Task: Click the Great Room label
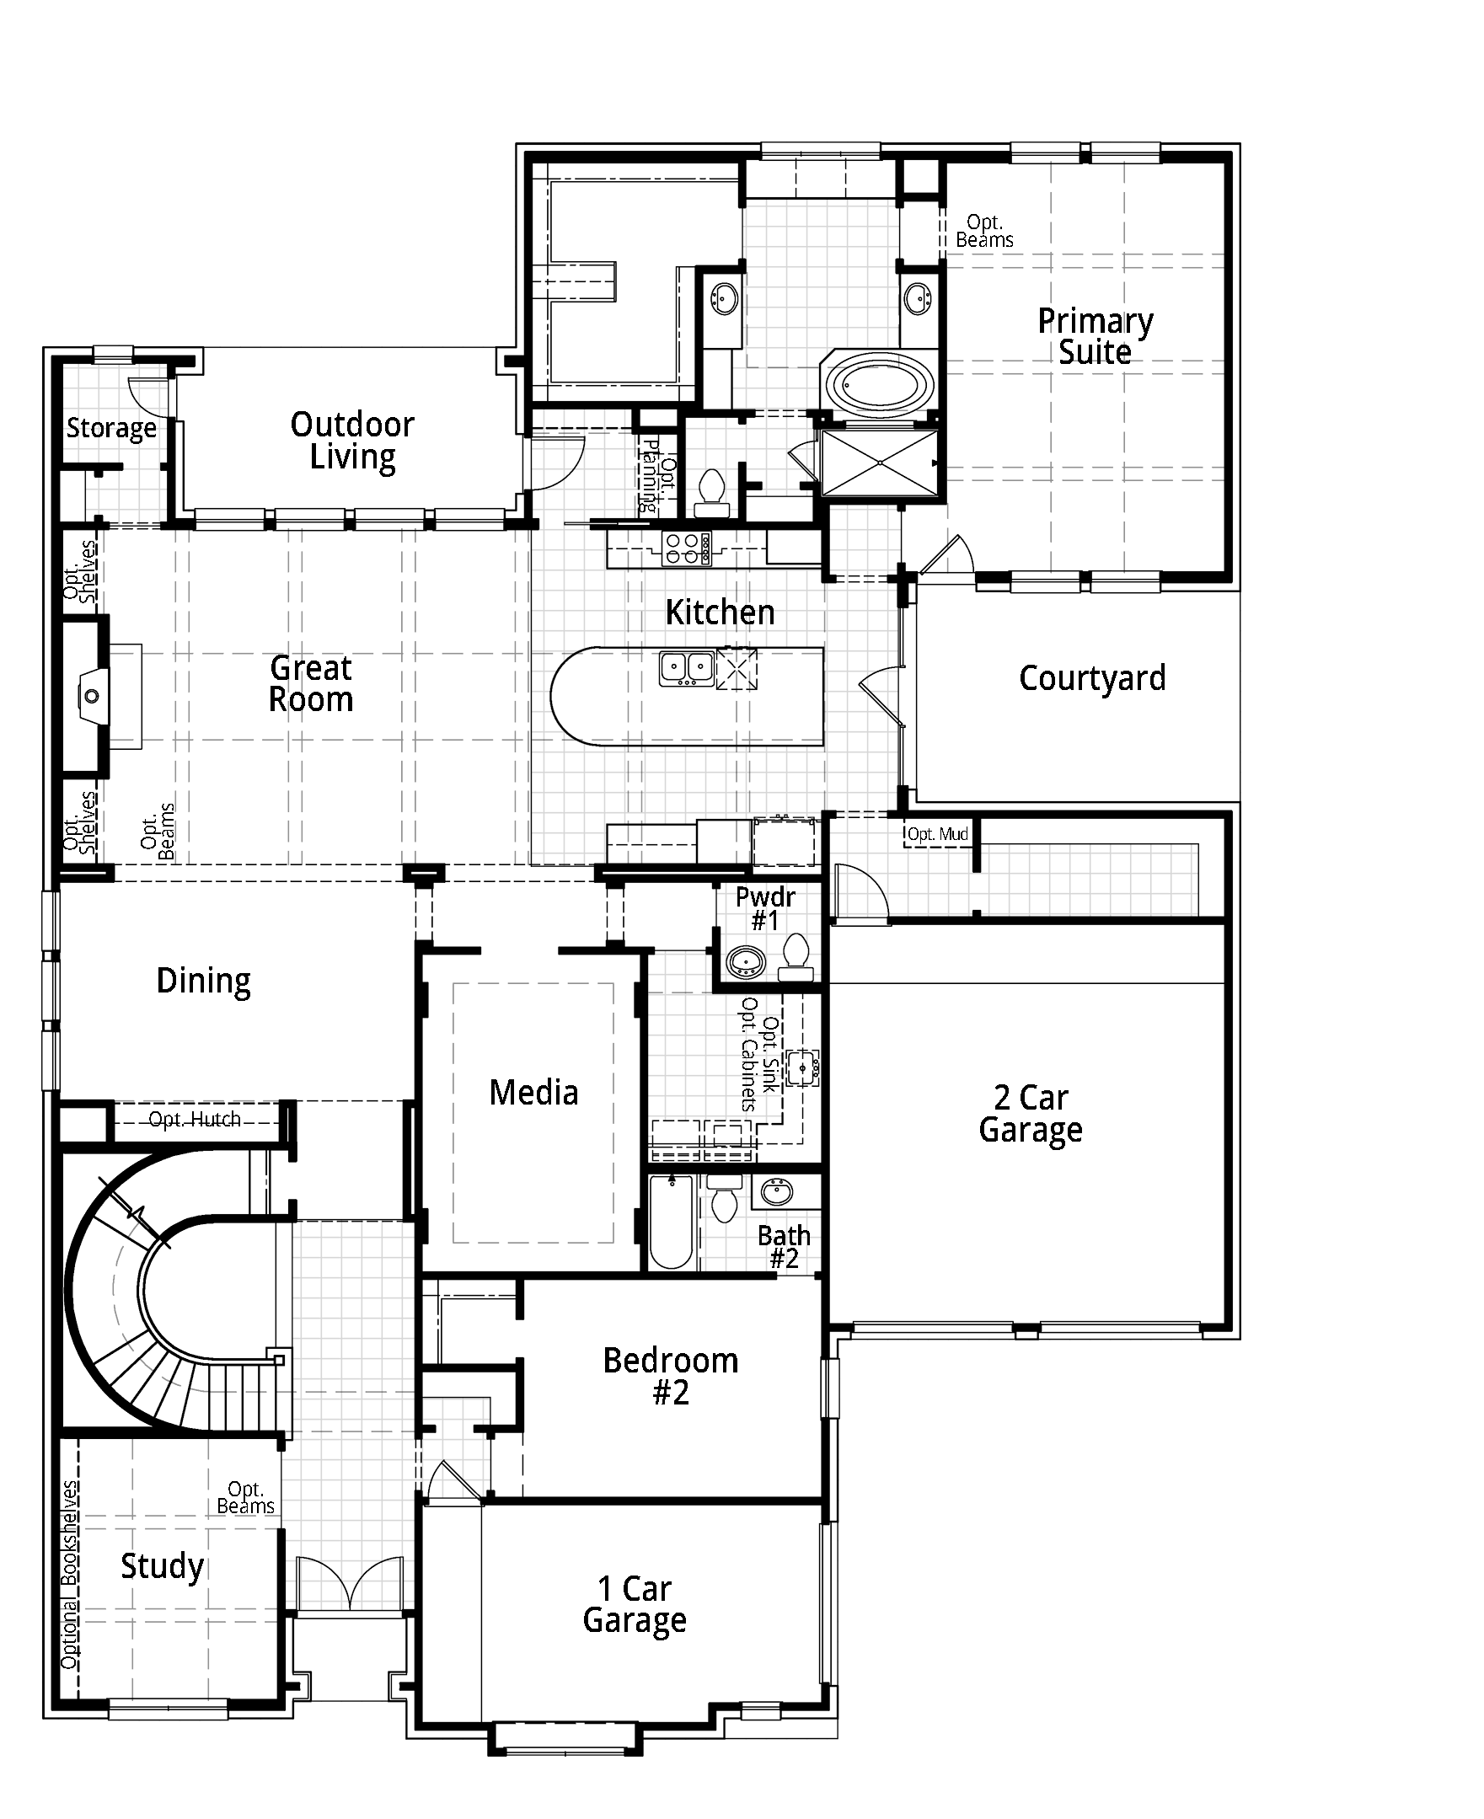311,684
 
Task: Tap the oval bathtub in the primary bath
881,387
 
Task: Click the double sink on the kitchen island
687,667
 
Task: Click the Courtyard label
1092,679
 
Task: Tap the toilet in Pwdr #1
795,955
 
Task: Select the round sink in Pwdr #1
746,960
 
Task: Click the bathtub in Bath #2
671,1222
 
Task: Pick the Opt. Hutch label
195,1120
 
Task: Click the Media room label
533,1093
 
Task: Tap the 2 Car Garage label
1031,1114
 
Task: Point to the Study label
162,1566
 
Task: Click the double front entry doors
350,1584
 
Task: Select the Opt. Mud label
938,833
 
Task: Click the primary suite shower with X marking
880,463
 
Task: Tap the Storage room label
112,428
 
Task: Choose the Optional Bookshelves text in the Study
70,1576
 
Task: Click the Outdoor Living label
352,441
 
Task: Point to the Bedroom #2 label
671,1376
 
